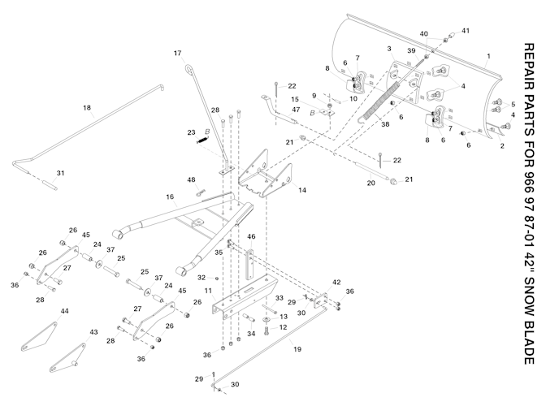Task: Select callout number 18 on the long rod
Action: [x=87, y=106]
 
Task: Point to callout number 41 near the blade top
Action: [x=466, y=30]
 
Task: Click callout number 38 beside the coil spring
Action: [x=363, y=124]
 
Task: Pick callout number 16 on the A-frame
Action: [x=170, y=197]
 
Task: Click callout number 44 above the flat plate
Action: [x=65, y=311]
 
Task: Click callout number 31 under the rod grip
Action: [x=58, y=172]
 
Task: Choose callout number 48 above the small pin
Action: [x=192, y=179]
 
